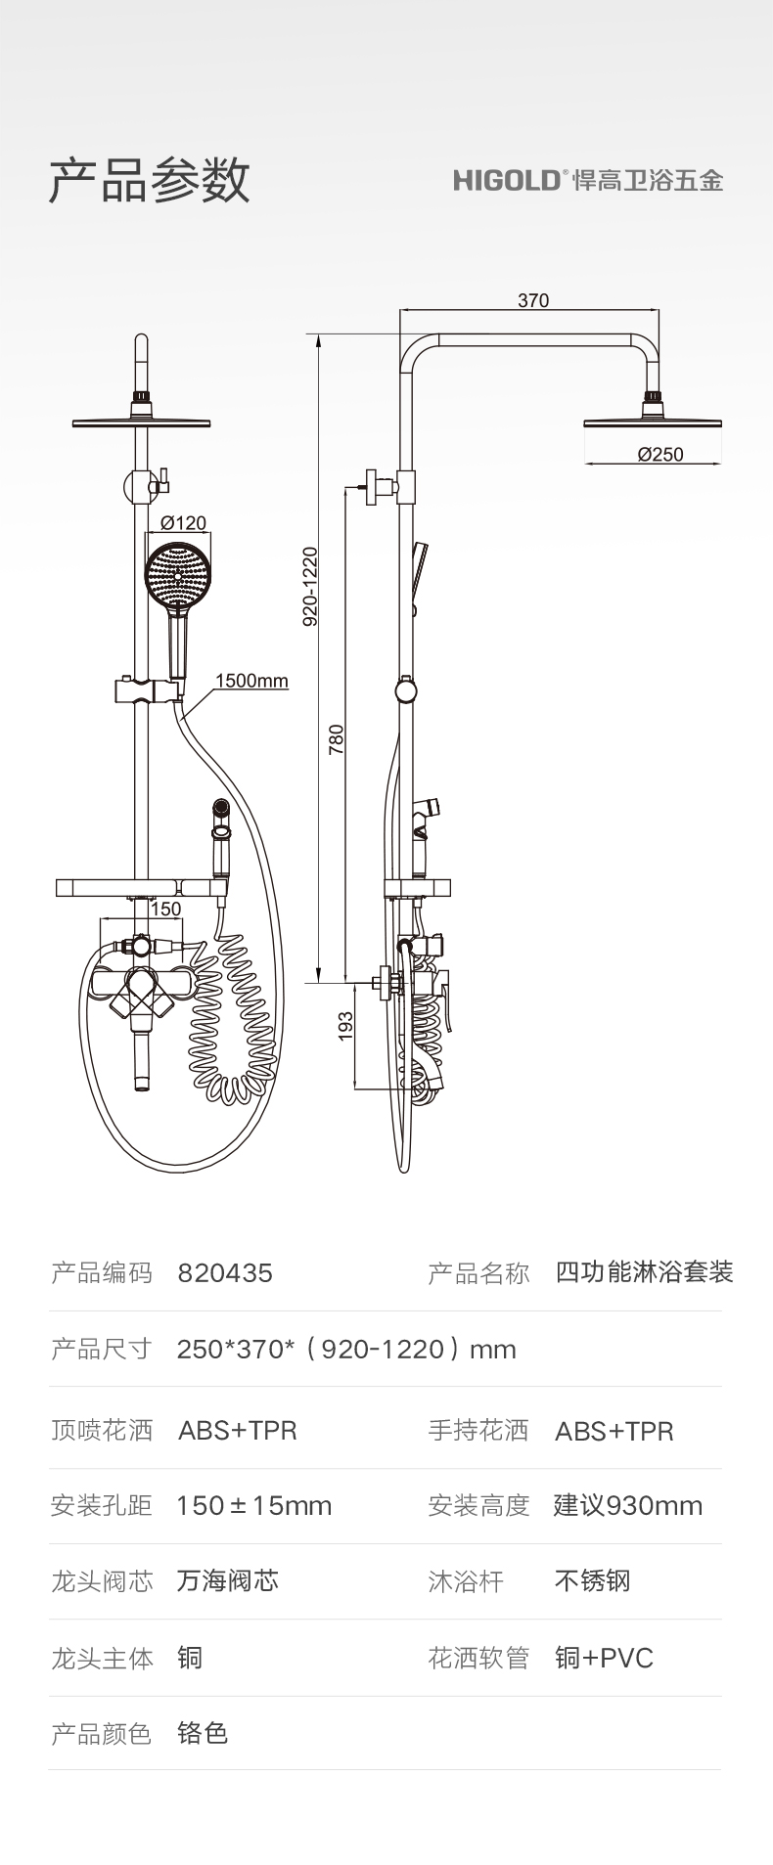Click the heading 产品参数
pyautogui.click(x=149, y=180)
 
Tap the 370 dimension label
pyautogui.click(x=532, y=300)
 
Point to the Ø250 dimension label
pyautogui.click(x=660, y=454)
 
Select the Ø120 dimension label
pyautogui.click(x=184, y=523)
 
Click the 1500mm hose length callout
pyautogui.click(x=251, y=681)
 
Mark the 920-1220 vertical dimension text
pyautogui.click(x=310, y=587)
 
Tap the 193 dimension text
pyautogui.click(x=345, y=1026)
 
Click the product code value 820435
pyautogui.click(x=225, y=1273)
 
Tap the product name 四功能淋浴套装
pyautogui.click(x=644, y=1272)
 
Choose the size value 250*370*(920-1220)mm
pyautogui.click(x=346, y=1350)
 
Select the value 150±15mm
pyautogui.click(x=254, y=1505)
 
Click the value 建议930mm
pyautogui.click(x=627, y=1505)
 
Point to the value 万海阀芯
pyautogui.click(x=228, y=1580)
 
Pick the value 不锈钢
pyautogui.click(x=592, y=1580)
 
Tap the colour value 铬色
pyautogui.click(x=203, y=1733)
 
